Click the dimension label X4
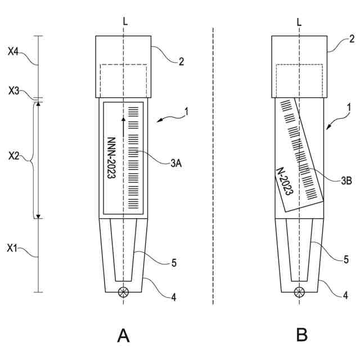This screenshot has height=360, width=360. point(14,51)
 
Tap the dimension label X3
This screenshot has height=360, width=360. point(14,90)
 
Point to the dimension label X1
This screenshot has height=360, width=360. point(14,247)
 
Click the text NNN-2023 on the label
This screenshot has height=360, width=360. point(111,158)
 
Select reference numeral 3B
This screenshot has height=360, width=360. point(346,180)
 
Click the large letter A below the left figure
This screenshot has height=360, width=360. point(123,336)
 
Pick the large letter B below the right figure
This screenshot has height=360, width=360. point(302,336)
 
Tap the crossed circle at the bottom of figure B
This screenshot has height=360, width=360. point(300,291)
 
